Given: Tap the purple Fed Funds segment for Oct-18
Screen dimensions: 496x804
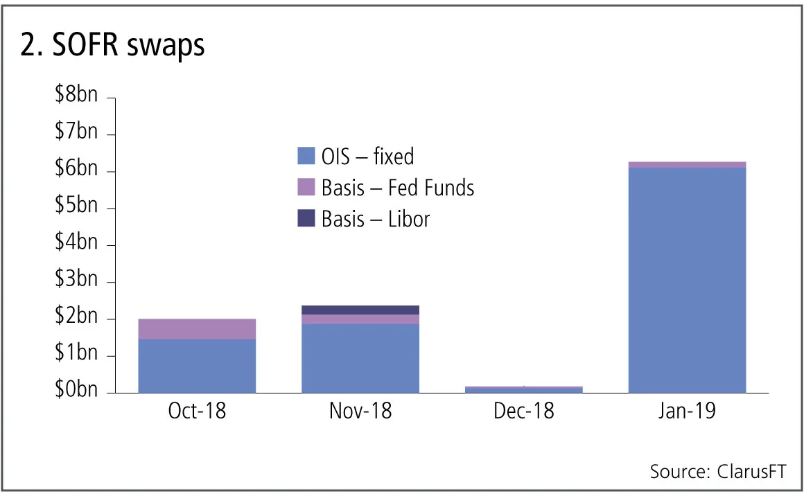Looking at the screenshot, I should click(197, 329).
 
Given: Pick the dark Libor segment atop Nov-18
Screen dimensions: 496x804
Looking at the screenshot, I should click(360, 310).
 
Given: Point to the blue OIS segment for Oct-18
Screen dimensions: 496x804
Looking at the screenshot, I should click(197, 366).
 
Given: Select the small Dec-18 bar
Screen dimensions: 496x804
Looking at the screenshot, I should click(523, 389).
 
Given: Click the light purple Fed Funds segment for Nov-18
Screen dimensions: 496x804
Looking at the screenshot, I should click(360, 319).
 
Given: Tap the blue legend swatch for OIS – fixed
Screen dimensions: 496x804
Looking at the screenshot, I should click(306, 157).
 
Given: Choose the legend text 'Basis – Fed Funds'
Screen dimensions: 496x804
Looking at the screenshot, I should click(398, 188).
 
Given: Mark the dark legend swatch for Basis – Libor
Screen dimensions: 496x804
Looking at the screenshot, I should click(306, 219).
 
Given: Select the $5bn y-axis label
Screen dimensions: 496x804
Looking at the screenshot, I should click(76, 209).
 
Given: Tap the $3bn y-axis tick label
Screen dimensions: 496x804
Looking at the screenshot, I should click(76, 282).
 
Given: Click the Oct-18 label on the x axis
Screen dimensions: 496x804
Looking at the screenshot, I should click(197, 411).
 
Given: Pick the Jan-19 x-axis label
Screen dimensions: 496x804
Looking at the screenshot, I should click(686, 411).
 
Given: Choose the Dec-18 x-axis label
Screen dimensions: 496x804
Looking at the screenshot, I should click(523, 411).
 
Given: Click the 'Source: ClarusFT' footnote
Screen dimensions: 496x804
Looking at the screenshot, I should click(717, 472).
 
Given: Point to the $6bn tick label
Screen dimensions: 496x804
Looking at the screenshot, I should click(76, 171).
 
